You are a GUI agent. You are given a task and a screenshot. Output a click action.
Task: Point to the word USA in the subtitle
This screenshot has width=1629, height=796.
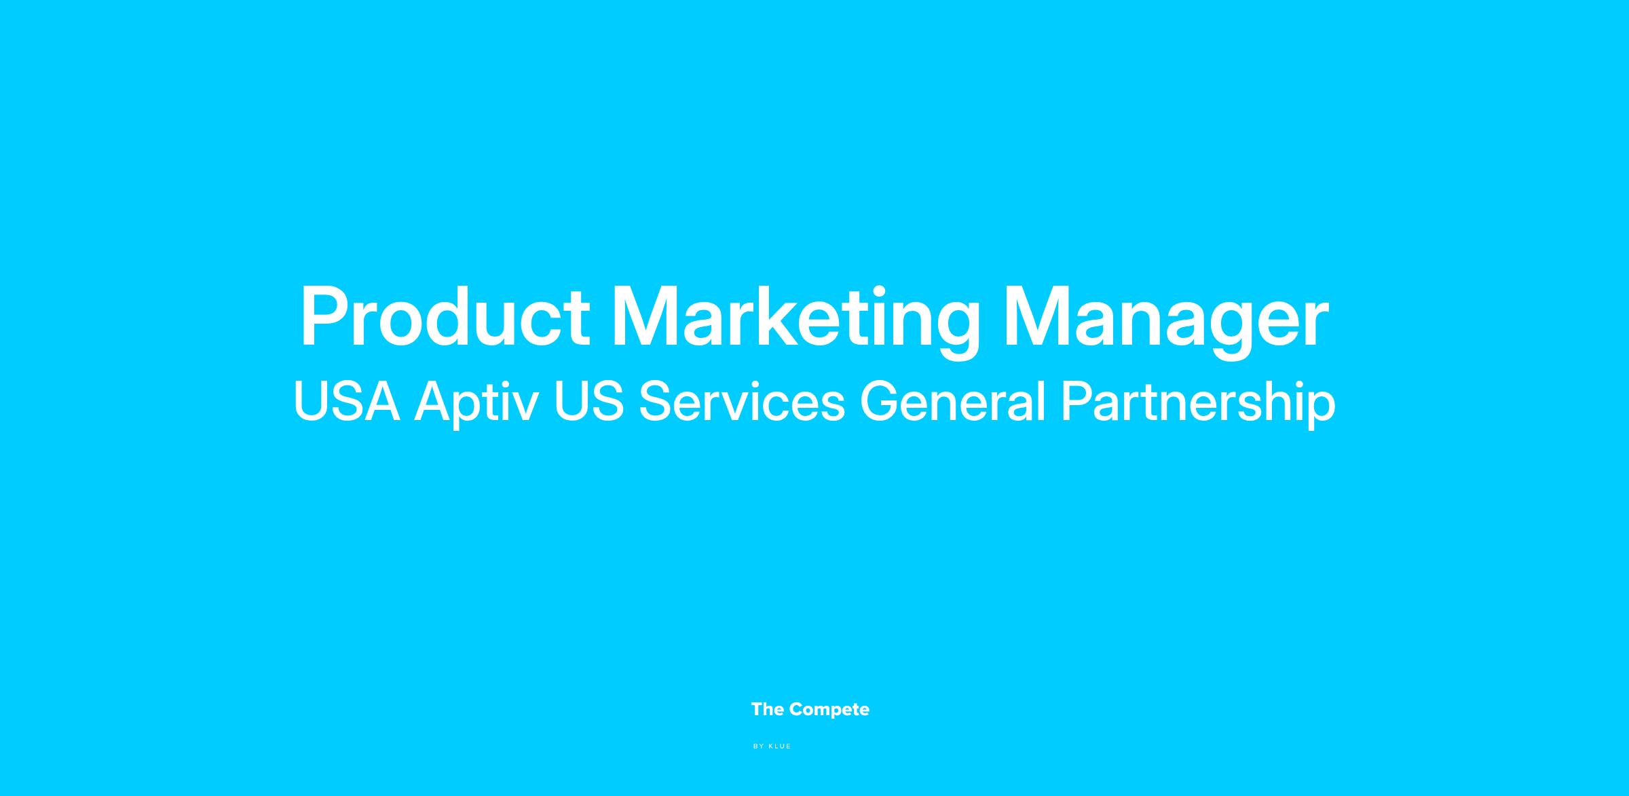tap(346, 401)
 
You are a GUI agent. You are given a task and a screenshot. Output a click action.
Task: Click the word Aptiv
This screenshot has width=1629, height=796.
tap(476, 404)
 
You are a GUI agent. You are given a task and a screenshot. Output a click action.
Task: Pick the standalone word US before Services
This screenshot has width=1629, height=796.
tap(588, 401)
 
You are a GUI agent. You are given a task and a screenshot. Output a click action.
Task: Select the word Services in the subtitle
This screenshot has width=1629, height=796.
tap(742, 401)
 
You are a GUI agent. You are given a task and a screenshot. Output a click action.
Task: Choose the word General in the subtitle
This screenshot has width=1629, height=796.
tap(952, 401)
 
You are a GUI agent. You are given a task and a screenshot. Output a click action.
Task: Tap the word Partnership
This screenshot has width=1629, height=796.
tap(1197, 404)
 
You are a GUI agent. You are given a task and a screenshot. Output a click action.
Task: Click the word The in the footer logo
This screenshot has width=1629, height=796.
tap(768, 709)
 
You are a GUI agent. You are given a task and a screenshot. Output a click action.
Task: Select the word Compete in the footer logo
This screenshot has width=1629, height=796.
tap(829, 710)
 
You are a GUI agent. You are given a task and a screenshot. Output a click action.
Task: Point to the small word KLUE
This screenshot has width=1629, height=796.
tap(780, 746)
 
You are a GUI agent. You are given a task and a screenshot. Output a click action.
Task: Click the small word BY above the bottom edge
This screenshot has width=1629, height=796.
tap(759, 746)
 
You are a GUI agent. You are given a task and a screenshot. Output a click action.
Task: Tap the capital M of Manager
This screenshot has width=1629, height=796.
tap(1038, 317)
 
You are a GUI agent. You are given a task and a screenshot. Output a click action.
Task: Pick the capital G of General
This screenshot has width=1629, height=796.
tap(880, 401)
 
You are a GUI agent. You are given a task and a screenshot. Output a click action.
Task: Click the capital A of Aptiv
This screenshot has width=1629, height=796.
tap(434, 401)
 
